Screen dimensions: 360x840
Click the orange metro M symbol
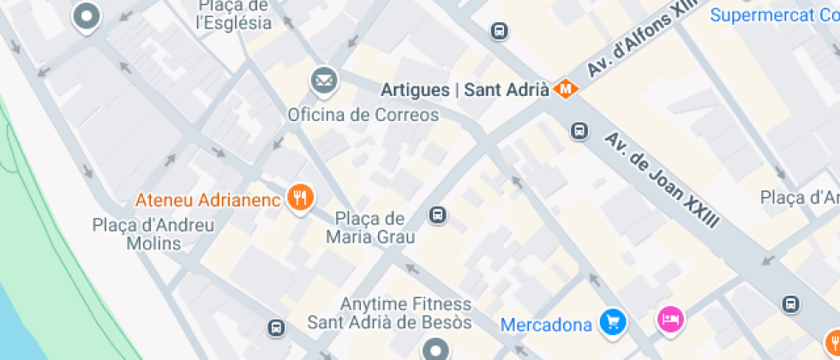(567, 88)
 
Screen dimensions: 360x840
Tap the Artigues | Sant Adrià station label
(465, 89)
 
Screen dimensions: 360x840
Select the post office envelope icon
(324, 81)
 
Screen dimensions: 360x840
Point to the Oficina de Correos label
(363, 115)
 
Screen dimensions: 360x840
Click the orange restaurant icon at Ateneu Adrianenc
(299, 199)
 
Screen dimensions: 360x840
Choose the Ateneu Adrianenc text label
(208, 201)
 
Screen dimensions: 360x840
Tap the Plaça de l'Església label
(234, 15)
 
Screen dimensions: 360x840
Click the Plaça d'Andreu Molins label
(153, 234)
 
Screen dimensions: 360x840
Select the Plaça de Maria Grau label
(370, 228)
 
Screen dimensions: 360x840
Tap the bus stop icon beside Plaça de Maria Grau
(438, 214)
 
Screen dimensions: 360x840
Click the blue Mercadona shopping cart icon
(612, 322)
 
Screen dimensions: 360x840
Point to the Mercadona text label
(546, 325)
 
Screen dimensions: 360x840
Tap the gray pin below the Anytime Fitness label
(435, 349)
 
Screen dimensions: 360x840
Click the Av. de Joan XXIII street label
(662, 179)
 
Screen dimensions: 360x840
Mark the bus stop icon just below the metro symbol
(579, 131)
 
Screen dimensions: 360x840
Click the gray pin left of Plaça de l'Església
(87, 16)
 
